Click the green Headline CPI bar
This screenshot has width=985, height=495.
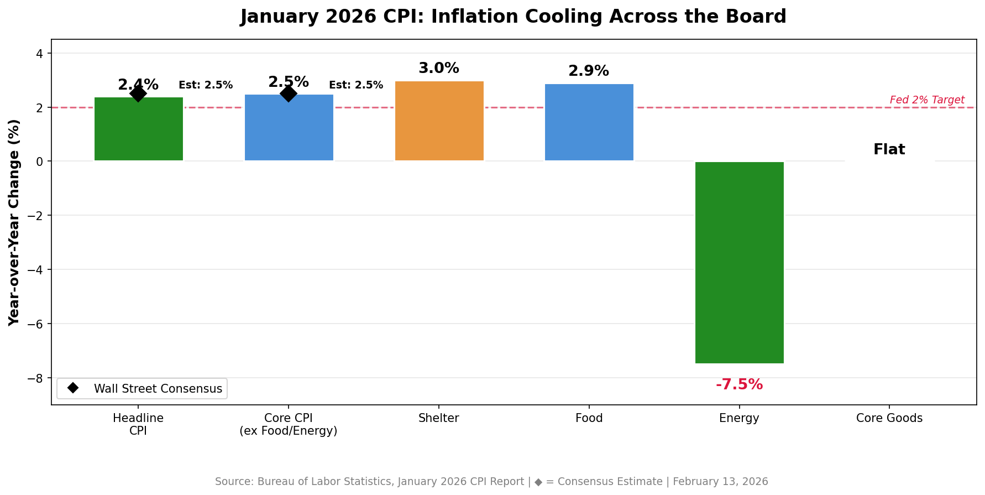139,129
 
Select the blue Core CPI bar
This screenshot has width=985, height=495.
289,128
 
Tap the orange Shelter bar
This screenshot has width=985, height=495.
439,121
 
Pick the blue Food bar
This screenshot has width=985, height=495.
589,122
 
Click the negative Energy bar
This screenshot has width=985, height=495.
740,263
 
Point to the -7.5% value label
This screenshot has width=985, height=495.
740,384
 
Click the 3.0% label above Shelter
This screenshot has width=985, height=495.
439,68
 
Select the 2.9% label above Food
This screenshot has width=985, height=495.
589,71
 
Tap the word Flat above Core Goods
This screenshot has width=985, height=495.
889,149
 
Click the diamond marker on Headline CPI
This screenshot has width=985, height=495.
138,93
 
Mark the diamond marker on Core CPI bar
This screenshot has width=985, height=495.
288,93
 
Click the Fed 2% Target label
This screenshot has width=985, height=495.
927,100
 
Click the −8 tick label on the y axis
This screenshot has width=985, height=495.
38,378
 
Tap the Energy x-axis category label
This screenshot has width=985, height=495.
739,418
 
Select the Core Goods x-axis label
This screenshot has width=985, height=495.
889,418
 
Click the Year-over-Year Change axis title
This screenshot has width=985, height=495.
14,222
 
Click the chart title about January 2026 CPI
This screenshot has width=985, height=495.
513,17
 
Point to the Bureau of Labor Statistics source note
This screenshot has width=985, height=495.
491,482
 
